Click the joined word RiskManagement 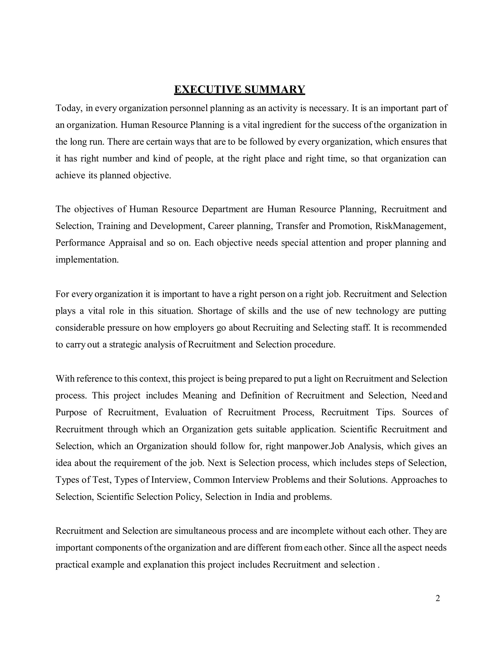(x=410, y=226)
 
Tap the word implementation (x=87, y=260)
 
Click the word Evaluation (x=186, y=413)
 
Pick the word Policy (x=188, y=497)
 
